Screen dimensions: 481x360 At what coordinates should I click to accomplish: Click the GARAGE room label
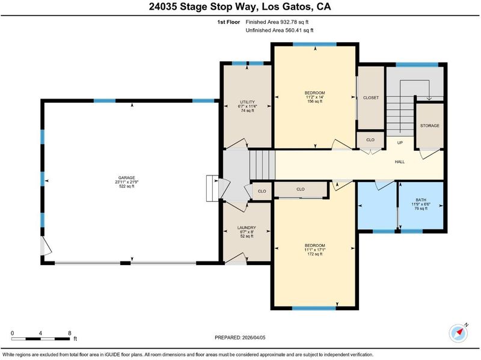pos(127,177)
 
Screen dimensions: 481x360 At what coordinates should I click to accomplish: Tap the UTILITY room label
pos(247,102)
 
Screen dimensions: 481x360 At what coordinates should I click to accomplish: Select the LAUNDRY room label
pos(247,228)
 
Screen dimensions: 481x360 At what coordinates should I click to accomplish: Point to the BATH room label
pos(421,200)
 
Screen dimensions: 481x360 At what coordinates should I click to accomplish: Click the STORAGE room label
pos(429,126)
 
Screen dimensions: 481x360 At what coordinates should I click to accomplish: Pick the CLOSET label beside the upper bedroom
pos(371,98)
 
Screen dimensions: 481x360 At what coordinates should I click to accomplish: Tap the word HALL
pos(400,162)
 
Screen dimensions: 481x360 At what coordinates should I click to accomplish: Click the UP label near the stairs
pos(400,142)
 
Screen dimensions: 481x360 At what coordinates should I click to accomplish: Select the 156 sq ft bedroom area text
pos(314,102)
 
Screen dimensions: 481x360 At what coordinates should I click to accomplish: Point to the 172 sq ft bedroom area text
pos(314,254)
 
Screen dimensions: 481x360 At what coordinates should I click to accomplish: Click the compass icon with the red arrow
pos(458,332)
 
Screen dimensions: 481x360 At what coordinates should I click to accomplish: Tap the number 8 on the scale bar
pos(70,334)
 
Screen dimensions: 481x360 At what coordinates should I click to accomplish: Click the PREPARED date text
pos(240,338)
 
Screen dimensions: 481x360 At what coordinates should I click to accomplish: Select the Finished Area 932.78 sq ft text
pos(277,22)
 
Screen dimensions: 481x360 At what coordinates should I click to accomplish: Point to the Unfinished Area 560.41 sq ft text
pos(280,31)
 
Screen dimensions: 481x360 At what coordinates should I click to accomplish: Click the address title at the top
pos(240,7)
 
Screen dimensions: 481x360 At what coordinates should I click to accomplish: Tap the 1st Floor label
pos(228,22)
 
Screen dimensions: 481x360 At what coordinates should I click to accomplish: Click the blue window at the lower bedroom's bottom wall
pos(314,308)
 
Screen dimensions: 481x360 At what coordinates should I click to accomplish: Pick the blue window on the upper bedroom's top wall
pos(314,44)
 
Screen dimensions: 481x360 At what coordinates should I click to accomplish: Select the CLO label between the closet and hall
pos(370,140)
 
